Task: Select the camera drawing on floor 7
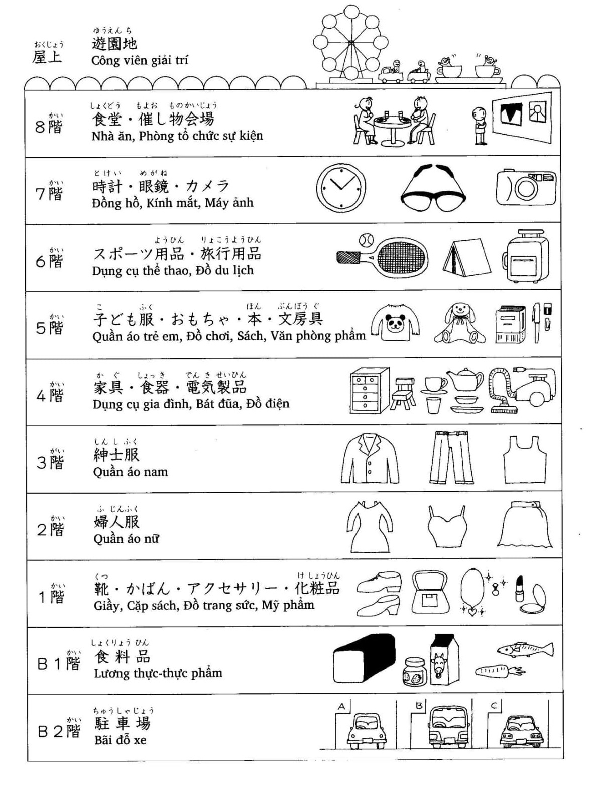tap(525, 188)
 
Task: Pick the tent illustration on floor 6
tap(466, 256)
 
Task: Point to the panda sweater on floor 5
tap(395, 323)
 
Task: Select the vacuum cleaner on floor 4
tap(525, 389)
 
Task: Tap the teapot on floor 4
tap(465, 380)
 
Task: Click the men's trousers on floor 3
tap(451, 457)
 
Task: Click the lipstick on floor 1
tap(519, 589)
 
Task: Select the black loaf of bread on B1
tap(364, 659)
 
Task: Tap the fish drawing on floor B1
tap(525, 650)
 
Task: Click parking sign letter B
tap(419, 706)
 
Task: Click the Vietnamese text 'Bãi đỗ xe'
tap(120, 740)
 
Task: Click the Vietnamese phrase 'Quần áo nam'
tap(131, 472)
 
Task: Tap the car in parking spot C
tap(520, 730)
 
